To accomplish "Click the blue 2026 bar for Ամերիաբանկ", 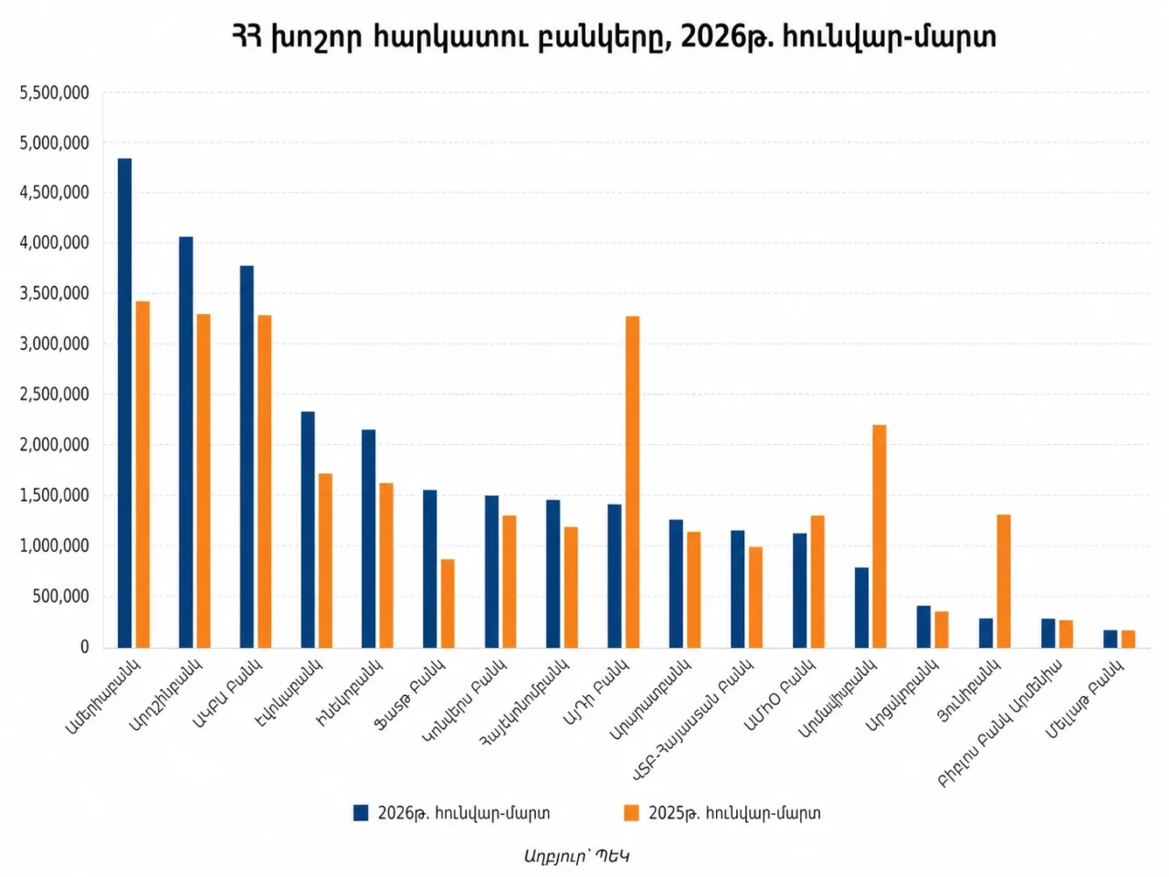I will (124, 403).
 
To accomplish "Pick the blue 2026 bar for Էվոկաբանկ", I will (308, 530).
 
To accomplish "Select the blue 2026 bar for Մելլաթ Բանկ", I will (1110, 639).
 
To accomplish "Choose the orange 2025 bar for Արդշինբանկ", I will (204, 481).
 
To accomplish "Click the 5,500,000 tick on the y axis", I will (55, 92).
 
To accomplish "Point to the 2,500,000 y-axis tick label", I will (55, 395).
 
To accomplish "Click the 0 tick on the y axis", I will (84, 647).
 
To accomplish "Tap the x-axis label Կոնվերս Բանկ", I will (466, 700).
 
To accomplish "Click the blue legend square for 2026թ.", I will (361, 813).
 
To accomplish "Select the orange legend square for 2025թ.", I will (631, 813).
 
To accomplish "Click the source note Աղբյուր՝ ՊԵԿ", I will (577, 856).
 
